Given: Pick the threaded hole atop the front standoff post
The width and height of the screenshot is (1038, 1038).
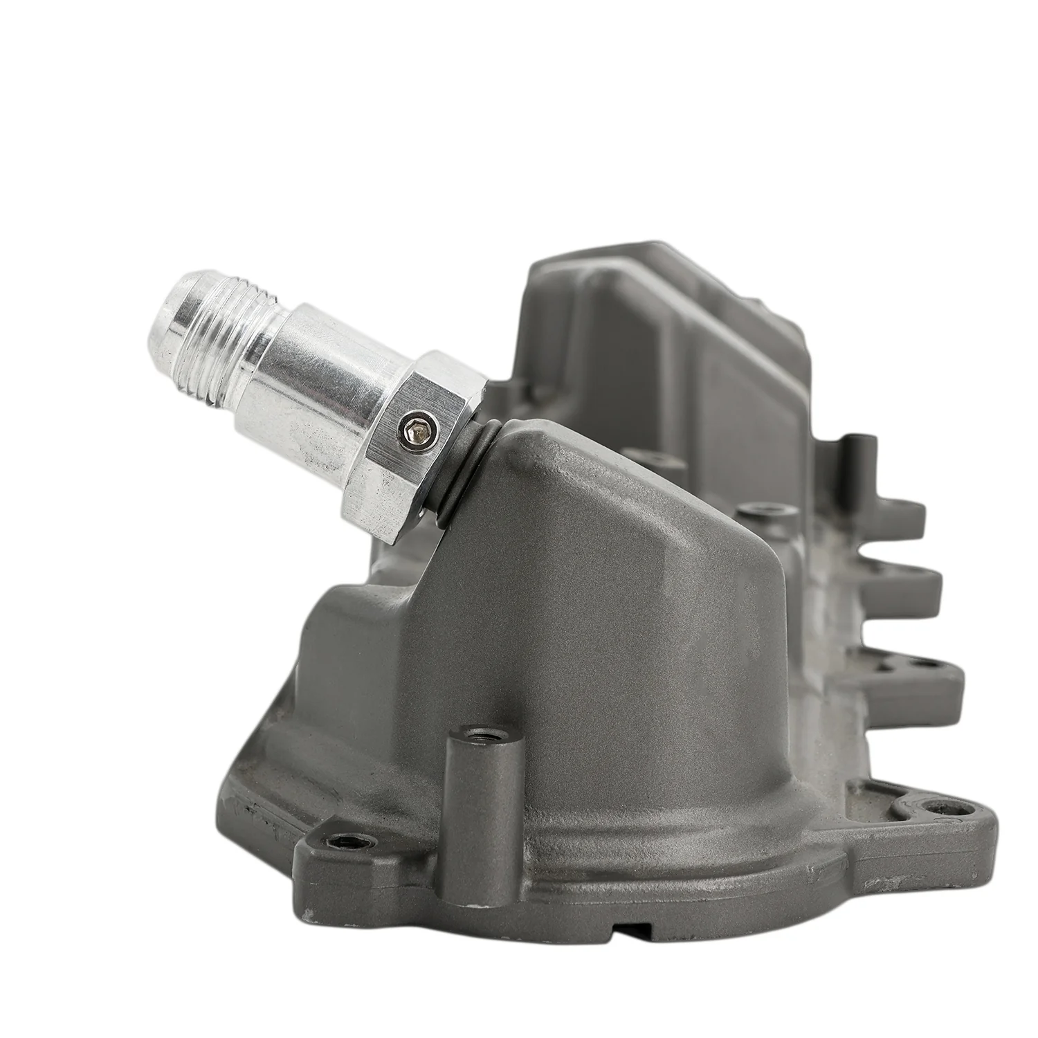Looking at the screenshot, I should [x=474, y=731].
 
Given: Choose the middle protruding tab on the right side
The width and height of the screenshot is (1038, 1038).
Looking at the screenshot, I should [x=907, y=592].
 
